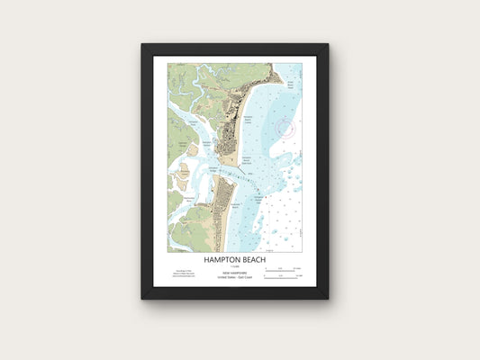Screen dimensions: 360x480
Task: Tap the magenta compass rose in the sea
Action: point(285,128)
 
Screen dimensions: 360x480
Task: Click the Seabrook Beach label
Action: point(236,204)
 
